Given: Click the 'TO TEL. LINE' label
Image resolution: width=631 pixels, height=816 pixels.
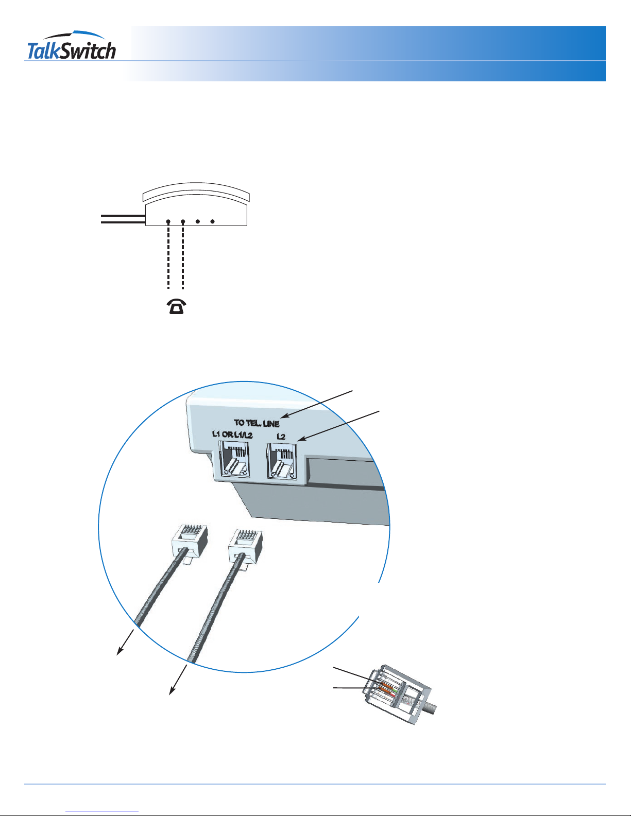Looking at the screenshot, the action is pyautogui.click(x=257, y=423).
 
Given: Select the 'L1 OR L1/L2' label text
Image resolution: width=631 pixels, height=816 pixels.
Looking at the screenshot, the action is pyautogui.click(x=232, y=435).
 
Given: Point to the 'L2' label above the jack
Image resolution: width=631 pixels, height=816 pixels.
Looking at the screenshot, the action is pyautogui.click(x=281, y=437).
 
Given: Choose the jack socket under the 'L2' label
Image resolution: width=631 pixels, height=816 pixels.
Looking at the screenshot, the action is pyautogui.click(x=281, y=461).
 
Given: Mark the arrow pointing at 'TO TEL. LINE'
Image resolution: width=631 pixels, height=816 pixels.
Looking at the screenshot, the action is pyautogui.click(x=317, y=404).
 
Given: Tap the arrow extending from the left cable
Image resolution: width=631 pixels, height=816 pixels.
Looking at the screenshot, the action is pyautogui.click(x=125, y=642).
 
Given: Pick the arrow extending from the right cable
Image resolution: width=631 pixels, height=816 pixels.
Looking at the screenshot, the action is pyautogui.click(x=178, y=680).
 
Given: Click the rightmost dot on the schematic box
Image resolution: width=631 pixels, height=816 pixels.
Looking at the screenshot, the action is pyautogui.click(x=212, y=221).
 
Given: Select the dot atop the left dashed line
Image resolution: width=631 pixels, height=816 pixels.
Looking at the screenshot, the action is pyautogui.click(x=168, y=221).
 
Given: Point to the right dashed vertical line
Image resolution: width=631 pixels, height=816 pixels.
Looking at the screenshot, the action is pyautogui.click(x=183, y=256).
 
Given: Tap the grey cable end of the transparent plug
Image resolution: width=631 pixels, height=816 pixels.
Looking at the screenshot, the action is pyautogui.click(x=431, y=708).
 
